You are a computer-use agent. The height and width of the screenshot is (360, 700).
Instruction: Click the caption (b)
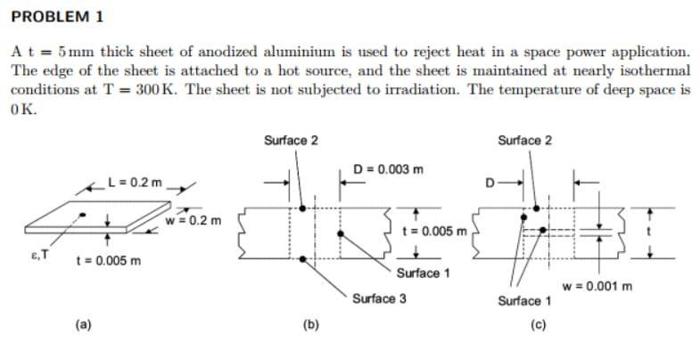pyautogui.click(x=313, y=324)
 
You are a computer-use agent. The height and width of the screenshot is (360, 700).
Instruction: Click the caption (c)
pyautogui.click(x=540, y=324)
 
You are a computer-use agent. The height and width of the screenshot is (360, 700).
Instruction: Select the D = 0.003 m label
pyautogui.click(x=388, y=169)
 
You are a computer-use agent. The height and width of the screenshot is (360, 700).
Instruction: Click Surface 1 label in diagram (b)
pyautogui.click(x=423, y=273)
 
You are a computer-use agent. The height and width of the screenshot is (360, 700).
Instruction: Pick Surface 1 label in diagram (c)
pyautogui.click(x=526, y=300)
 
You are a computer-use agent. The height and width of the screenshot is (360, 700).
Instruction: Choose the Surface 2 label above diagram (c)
pyautogui.click(x=525, y=140)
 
